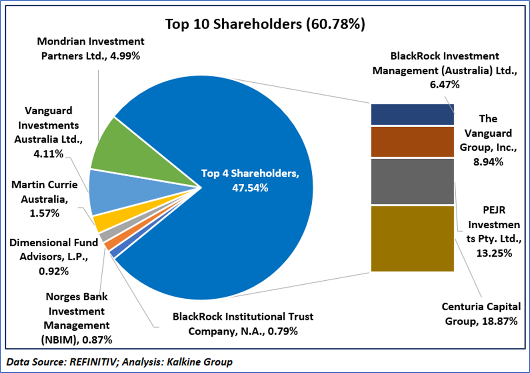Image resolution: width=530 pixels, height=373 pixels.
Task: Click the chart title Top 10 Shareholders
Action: [265, 24]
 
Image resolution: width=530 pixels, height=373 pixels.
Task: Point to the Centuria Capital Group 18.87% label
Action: [481, 313]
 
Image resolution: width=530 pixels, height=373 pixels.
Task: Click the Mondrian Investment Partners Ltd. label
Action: [91, 49]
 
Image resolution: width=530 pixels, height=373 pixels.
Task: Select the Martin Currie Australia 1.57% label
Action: [44, 199]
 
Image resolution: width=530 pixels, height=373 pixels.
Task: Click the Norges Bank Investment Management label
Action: [78, 318]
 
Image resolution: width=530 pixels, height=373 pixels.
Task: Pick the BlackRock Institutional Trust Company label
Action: [243, 323]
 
